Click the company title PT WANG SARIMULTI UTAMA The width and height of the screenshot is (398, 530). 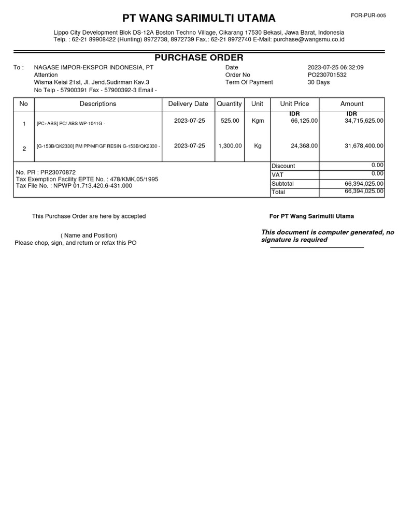coord(199,19)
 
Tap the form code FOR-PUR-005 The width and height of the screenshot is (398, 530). coord(368,16)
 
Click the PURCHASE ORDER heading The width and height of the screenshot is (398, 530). coord(199,57)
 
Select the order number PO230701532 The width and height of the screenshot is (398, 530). coord(327,75)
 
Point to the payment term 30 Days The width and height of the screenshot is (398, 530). coord(319,82)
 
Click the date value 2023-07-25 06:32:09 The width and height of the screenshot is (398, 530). coord(336,68)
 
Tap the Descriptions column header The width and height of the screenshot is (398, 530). coord(98,104)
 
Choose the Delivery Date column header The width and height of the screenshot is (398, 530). coord(188,104)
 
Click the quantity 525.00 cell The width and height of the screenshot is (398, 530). coord(230,121)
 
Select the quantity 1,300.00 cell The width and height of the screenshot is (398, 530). coord(230,146)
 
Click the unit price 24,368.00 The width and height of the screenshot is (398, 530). coord(304,146)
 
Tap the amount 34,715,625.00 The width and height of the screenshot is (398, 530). coord(364,121)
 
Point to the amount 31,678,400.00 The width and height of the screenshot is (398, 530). coord(364,146)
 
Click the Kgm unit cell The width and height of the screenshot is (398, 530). coord(258,121)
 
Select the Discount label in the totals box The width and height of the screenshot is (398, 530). coord(283,166)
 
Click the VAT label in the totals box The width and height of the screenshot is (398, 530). coord(278,175)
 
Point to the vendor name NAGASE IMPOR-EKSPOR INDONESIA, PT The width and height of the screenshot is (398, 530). coord(93,68)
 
